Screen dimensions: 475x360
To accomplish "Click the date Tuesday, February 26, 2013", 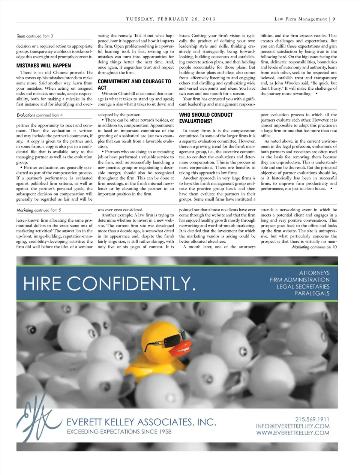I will [x=171, y=19].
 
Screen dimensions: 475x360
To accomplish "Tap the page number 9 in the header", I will [x=334, y=19].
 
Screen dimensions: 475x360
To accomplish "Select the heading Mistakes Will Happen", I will [x=43, y=65].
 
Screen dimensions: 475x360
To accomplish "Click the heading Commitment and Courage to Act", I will [x=134, y=84].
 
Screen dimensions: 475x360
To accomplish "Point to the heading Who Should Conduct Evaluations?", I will [x=206, y=118].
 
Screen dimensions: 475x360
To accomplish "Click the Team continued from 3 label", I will [x=35, y=36].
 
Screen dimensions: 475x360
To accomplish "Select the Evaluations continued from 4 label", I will [x=40, y=115].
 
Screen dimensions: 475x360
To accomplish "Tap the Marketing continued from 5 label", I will [x=39, y=210].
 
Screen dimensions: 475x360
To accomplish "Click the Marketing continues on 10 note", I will [x=314, y=247].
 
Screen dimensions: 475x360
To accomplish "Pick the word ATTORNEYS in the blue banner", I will [x=314, y=273].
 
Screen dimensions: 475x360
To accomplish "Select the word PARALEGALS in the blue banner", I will [x=312, y=293].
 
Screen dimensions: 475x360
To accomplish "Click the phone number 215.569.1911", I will [x=312, y=419].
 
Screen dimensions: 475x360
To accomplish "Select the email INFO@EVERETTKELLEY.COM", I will [x=293, y=426].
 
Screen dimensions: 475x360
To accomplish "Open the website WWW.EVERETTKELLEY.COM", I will [x=293, y=433].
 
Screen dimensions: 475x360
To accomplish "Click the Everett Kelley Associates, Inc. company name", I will [x=141, y=422].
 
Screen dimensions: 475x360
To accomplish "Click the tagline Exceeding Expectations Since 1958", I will [x=119, y=431].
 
